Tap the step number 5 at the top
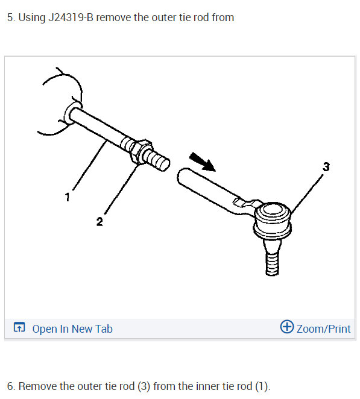pos(10,17)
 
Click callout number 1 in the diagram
pos(68,196)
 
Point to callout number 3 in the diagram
pos(326,167)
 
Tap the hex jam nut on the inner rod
pos(137,149)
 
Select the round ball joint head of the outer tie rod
pos(272,216)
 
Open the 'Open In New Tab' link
pos(72,328)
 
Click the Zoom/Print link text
pos(323,328)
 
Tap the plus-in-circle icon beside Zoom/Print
pos(287,327)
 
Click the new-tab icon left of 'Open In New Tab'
pos(19,328)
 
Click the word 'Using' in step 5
pos(30,17)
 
